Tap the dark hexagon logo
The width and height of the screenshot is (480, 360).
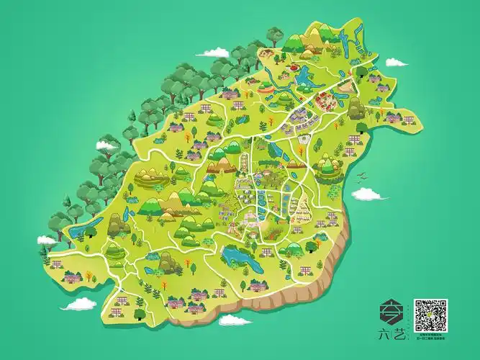coord(391,314)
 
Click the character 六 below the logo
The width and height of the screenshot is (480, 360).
coord(384,334)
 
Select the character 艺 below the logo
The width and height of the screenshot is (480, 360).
coord(399,334)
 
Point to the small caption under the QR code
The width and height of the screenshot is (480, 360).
coord(430,336)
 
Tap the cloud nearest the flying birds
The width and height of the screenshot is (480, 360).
coord(368,193)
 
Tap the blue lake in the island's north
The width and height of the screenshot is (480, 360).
coord(302,74)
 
